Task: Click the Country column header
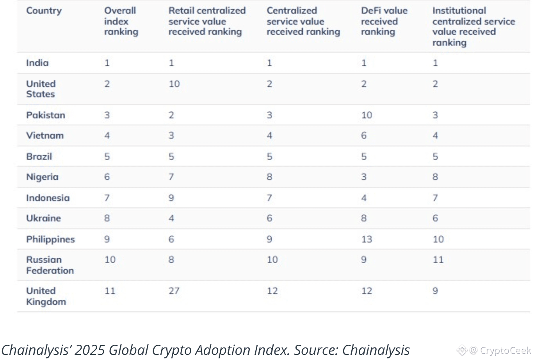tap(44, 11)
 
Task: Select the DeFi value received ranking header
tap(384, 21)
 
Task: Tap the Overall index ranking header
tap(121, 21)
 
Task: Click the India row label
tap(37, 63)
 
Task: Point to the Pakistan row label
tap(46, 115)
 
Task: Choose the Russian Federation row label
tap(50, 265)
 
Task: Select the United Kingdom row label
tap(46, 296)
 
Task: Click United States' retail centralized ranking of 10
tap(174, 84)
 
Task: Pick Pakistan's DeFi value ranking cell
tap(367, 115)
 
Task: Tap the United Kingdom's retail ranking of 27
tap(174, 291)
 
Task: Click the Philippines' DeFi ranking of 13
tap(367, 239)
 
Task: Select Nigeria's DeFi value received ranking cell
tap(364, 177)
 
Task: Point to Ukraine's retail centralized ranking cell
tap(171, 218)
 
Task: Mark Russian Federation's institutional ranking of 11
tap(438, 259)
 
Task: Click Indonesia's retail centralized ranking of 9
tap(171, 198)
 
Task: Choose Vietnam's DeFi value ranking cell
tap(364, 135)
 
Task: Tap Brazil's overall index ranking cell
tap(107, 157)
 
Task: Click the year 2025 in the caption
tap(89, 350)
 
